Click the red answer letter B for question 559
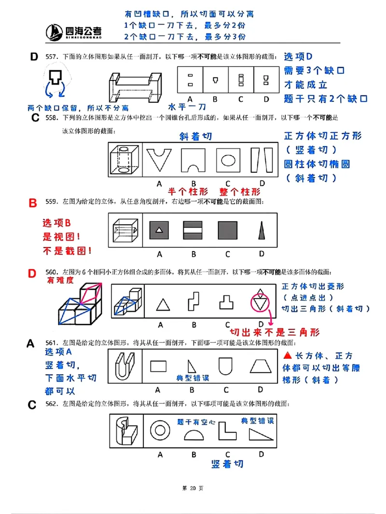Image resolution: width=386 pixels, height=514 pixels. [x=33, y=203]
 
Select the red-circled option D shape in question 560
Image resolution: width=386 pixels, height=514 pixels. [x=260, y=302]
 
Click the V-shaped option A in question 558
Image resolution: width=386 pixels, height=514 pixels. [x=159, y=161]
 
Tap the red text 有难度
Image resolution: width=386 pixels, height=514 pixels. [x=60, y=280]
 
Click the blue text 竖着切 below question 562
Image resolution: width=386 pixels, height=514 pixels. [x=227, y=464]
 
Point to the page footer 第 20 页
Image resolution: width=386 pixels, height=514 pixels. [x=193, y=488]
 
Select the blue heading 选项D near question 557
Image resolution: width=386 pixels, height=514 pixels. [x=298, y=57]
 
